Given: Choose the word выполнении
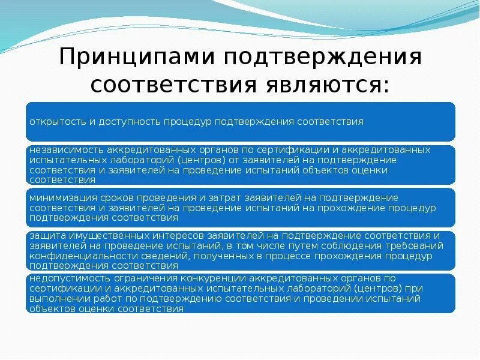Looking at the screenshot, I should pos(58,299).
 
